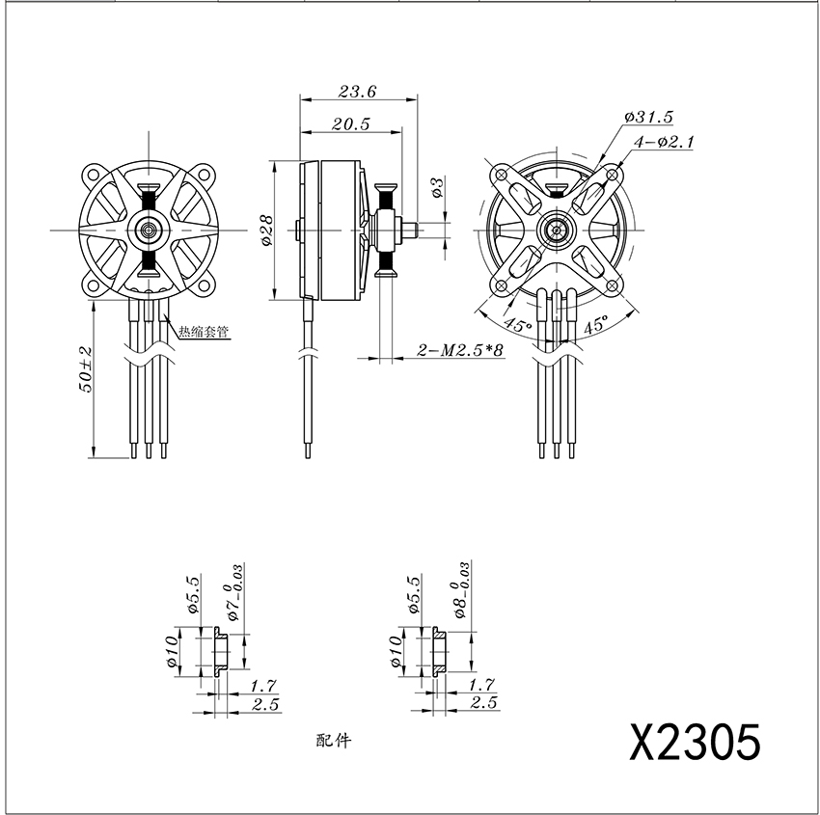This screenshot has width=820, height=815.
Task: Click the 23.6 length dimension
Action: tap(357, 92)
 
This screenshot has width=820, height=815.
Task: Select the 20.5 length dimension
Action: tap(350, 123)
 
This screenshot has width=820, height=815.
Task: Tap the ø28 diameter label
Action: tap(266, 230)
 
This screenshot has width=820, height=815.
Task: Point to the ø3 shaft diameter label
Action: tap(437, 188)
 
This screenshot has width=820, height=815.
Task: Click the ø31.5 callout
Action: tap(648, 117)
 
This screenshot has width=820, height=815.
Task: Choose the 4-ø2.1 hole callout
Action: tap(663, 142)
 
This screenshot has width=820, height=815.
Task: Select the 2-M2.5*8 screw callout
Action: tap(459, 349)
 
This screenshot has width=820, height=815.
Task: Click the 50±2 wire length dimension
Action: tap(85, 369)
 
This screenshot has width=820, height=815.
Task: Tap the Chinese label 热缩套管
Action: tap(204, 332)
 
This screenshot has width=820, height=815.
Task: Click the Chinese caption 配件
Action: tap(334, 740)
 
